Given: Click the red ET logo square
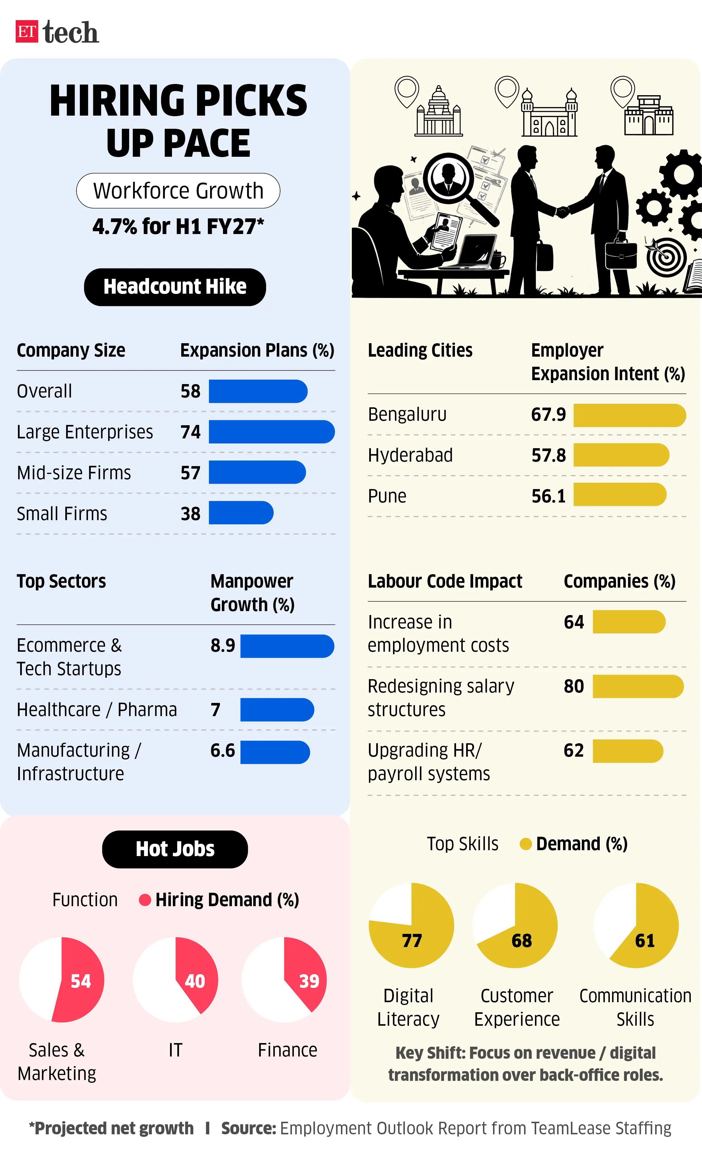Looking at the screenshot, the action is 27,32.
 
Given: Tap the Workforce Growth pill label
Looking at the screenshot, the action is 178,191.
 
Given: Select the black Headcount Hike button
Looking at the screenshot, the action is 175,287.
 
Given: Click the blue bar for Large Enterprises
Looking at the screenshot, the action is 272,432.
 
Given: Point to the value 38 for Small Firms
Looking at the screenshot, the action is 190,513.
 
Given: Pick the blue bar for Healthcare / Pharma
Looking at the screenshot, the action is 277,710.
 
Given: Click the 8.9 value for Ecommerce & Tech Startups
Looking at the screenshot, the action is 223,645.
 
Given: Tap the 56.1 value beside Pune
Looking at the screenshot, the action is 548,496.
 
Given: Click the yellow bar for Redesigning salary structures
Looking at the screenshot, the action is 638,686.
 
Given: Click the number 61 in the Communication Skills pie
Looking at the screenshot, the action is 645,941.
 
